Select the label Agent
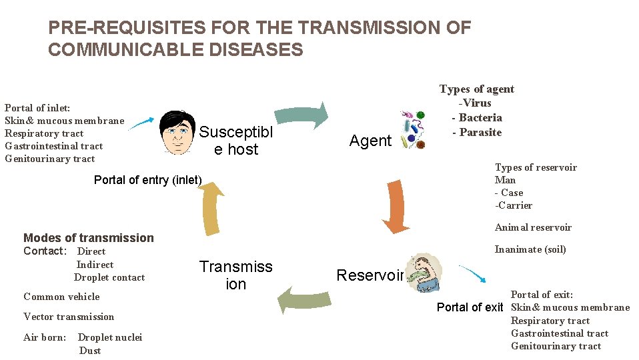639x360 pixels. [371, 141]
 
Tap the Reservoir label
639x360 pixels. [370, 275]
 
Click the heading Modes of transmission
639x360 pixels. [88, 238]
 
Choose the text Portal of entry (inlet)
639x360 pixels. [147, 180]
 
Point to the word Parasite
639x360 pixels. [480, 132]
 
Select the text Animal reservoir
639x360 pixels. [533, 227]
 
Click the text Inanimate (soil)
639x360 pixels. [530, 249]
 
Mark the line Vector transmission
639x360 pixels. [69, 317]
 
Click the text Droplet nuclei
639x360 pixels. [110, 337]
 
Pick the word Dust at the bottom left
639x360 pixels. [90, 351]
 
